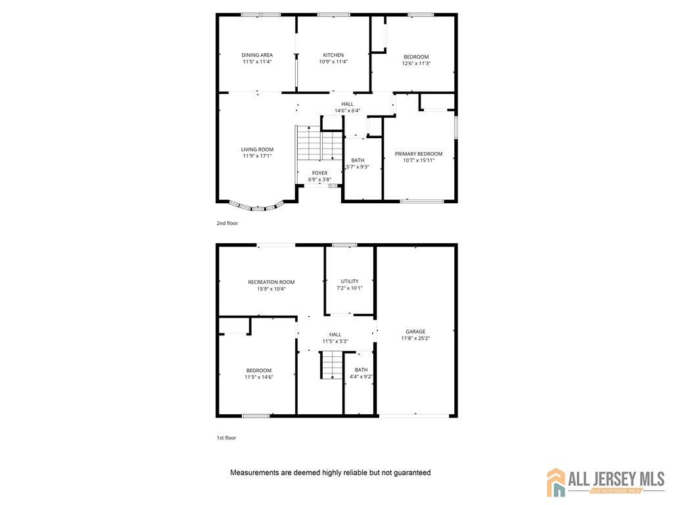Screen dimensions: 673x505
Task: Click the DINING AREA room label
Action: pyautogui.click(x=257, y=55)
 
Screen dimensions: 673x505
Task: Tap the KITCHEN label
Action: pyautogui.click(x=333, y=55)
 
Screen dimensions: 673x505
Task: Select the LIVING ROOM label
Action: pyautogui.click(x=257, y=149)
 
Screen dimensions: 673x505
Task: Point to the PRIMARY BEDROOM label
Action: pyautogui.click(x=419, y=154)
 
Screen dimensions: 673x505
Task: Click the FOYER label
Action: pyautogui.click(x=320, y=173)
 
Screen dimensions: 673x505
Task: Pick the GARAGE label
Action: pyautogui.click(x=415, y=331)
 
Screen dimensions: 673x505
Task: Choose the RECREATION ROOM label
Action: pyautogui.click(x=271, y=282)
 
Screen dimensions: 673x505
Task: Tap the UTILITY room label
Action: pyautogui.click(x=350, y=281)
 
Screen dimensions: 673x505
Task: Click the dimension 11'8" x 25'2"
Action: pyautogui.click(x=415, y=339)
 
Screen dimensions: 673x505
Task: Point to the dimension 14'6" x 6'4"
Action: pyautogui.click(x=347, y=110)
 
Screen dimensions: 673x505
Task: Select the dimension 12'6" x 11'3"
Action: pyautogui.click(x=416, y=64)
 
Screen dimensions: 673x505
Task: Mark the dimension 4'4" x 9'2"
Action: pyautogui.click(x=361, y=377)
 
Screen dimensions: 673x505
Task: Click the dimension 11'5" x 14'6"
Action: pyautogui.click(x=259, y=377)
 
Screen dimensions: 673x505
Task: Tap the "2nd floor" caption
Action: pyautogui.click(x=227, y=224)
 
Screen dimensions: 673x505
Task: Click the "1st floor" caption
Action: pyautogui.click(x=226, y=438)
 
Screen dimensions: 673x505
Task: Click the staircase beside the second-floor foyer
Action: pyautogui.click(x=319, y=143)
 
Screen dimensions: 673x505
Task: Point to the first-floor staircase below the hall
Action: pyautogui.click(x=332, y=365)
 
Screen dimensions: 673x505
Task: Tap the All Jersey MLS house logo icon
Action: pyautogui.click(x=556, y=482)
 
